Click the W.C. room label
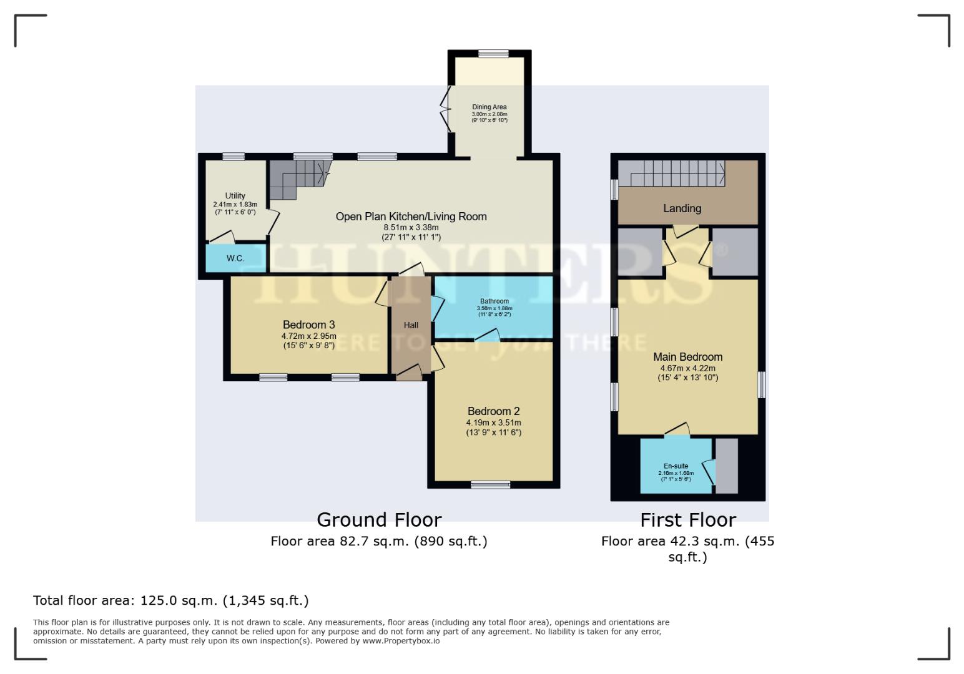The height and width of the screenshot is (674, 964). coord(235,258)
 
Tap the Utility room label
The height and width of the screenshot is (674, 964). coord(235,196)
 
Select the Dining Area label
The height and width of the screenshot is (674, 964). coord(489,107)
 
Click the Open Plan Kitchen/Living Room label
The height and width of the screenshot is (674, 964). coord(411,217)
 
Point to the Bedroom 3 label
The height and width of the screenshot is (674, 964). coord(308,325)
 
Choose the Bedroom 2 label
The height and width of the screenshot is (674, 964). coord(493,411)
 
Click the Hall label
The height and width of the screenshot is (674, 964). coord(411,325)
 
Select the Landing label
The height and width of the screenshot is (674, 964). coord(682,208)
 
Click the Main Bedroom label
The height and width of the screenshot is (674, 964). coord(687,357)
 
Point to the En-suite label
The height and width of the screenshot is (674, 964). coord(676,466)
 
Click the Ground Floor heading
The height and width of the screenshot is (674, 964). coord(379,520)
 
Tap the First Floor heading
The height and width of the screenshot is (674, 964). coord(687,520)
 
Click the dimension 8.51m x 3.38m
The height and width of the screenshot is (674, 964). coord(411,228)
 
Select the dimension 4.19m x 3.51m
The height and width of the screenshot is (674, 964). coord(493,422)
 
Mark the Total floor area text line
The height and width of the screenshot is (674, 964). coord(170,600)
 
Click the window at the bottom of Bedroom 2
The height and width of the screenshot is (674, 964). coord(491,484)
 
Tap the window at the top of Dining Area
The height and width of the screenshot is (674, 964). coord(493,54)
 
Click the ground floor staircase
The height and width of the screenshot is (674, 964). coord(298,177)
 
